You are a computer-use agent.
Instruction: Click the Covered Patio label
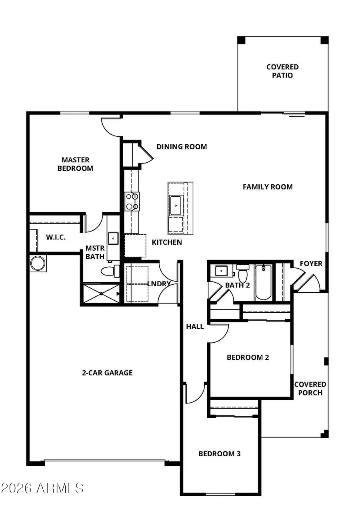[282, 71]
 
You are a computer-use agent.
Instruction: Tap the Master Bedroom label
[75, 164]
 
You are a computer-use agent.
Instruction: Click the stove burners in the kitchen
[132, 201]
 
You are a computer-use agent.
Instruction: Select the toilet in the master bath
[110, 271]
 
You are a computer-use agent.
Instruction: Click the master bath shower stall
[101, 293]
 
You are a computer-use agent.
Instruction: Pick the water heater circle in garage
[38, 263]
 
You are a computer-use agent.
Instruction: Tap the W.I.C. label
[56, 237]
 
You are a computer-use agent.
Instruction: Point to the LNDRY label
[159, 284]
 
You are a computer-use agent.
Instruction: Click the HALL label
[195, 327]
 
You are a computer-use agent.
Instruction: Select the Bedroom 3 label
[219, 454]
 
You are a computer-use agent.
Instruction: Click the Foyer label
[311, 263]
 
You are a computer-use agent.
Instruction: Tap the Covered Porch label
[310, 388]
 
